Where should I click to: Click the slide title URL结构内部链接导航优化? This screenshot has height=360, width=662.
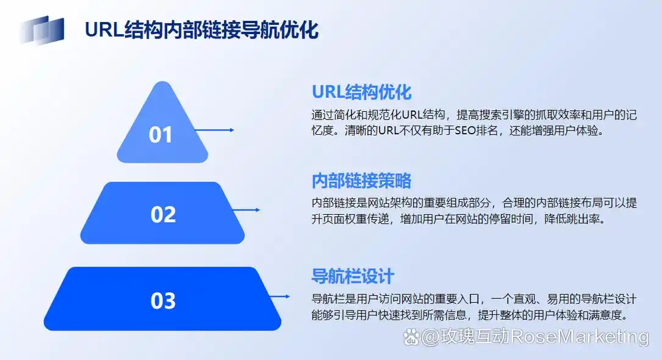click(201, 29)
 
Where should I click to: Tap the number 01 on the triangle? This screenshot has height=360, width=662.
click(160, 134)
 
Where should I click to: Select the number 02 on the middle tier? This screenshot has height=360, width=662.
click(163, 214)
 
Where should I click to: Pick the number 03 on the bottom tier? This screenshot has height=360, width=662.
click(163, 301)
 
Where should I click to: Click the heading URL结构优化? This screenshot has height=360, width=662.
click(362, 92)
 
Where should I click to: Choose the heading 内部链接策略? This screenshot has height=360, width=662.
click(361, 181)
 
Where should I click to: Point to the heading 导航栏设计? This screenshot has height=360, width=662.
click(353, 276)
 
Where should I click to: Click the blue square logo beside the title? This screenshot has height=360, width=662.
click(42, 29)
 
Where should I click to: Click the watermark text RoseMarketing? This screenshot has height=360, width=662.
click(579, 336)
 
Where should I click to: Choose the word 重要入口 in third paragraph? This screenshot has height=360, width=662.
click(456, 299)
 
